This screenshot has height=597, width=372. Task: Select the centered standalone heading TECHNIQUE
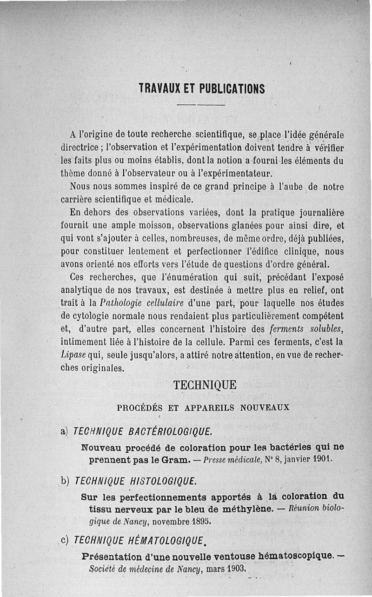(x=205, y=385)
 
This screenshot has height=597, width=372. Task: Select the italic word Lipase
(x=72, y=355)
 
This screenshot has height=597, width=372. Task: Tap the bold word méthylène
(x=246, y=508)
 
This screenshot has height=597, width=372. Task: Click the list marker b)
(x=66, y=481)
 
